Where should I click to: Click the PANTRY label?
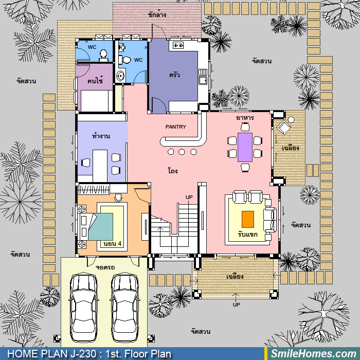coord(176,127)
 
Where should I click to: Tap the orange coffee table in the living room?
coord(248,219)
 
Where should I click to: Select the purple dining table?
coord(245,147)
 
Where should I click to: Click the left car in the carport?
coord(83,307)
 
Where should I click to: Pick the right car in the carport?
coord(125,307)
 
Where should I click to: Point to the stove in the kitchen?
coord(178,45)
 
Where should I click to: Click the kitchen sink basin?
coord(203,81)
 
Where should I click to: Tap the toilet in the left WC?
coord(103,56)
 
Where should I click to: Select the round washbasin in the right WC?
coord(120,76)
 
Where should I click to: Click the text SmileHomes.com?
coord(313,354)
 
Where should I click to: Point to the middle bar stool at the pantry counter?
coord(182,152)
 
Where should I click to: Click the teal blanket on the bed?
coord(101,227)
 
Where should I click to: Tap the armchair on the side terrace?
coord(283,127)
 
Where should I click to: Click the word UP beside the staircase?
coord(189,197)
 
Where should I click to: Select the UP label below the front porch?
coord(236,304)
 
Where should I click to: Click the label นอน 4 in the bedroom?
coord(112,244)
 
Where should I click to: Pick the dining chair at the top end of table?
coord(245,127)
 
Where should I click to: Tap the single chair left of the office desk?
coord(86,163)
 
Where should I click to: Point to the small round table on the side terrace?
coord(291,120)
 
